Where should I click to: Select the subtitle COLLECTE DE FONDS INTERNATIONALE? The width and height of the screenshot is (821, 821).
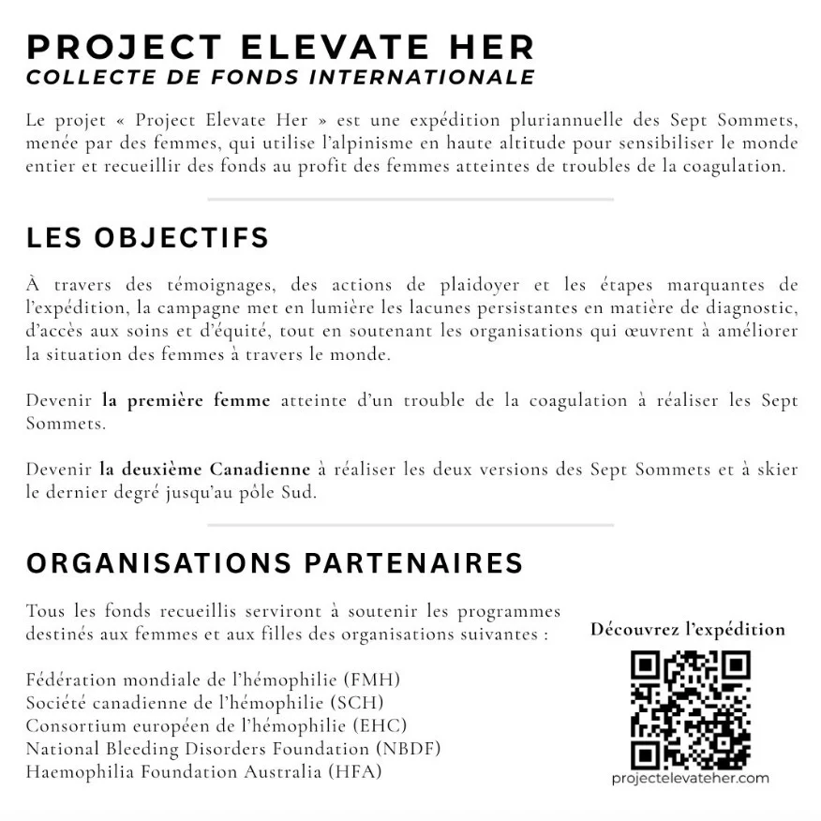pos(280,77)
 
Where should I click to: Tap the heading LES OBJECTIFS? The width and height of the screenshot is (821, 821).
pos(147,237)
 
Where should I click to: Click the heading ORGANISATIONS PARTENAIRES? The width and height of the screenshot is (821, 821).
pos(275,563)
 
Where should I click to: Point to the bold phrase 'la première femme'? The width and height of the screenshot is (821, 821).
pos(186,400)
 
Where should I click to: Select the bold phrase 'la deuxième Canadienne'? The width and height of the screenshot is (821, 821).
pos(204,469)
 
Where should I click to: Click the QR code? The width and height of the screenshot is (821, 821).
pos(690,709)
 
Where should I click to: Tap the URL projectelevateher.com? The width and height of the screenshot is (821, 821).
pos(690,778)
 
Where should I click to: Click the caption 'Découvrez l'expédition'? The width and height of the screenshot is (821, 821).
pos(688,629)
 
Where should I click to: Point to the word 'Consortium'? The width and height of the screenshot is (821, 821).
pos(72,725)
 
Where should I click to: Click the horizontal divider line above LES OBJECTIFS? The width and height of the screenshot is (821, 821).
pos(410,200)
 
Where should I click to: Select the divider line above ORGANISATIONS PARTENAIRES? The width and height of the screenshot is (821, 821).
pos(410,525)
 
